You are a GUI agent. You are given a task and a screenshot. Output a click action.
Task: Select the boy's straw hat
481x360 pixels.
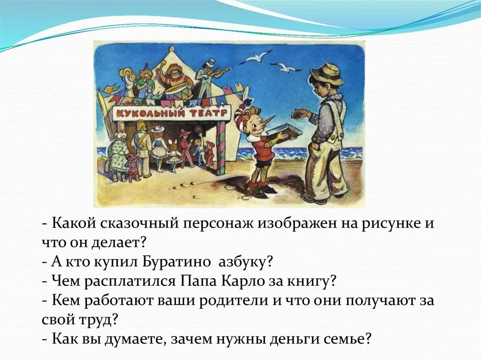[326, 74]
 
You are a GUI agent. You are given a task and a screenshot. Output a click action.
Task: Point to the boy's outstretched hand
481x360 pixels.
[299, 114]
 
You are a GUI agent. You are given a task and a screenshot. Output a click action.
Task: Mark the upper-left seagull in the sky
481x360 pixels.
[256, 57]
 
